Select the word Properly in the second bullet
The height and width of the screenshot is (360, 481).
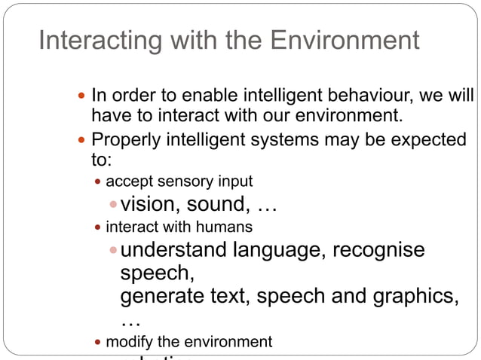click(x=121, y=140)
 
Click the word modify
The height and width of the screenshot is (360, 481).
click(x=126, y=342)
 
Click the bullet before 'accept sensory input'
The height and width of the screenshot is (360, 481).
click(x=98, y=183)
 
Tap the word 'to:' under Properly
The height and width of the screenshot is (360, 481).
click(x=100, y=160)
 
